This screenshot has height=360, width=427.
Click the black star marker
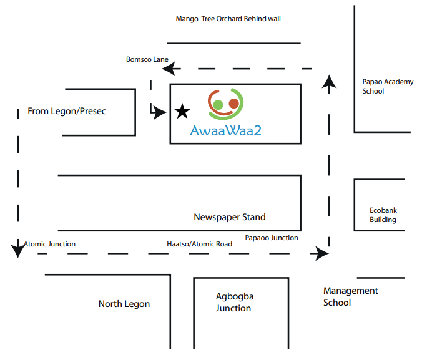click(x=182, y=112)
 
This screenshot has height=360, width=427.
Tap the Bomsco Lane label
click(x=147, y=59)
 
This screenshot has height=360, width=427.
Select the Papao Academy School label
click(x=388, y=86)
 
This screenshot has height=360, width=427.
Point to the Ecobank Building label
click(x=383, y=215)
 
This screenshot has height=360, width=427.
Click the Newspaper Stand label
click(x=229, y=217)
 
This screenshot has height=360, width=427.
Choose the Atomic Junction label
click(x=49, y=244)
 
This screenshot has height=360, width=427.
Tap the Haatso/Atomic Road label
click(x=199, y=244)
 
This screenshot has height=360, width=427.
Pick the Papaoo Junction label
click(x=272, y=238)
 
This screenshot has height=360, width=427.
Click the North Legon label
click(x=124, y=304)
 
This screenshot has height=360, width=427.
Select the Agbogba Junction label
click(x=234, y=302)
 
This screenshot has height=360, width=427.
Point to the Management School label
click(x=350, y=296)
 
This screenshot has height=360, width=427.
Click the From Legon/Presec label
click(x=67, y=111)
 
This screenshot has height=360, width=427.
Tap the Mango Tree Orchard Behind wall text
click(x=228, y=19)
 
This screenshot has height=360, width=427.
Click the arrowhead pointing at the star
click(x=160, y=112)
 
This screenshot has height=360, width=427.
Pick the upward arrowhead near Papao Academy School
click(x=330, y=81)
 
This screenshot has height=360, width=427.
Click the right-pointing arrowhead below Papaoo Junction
click(x=321, y=253)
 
